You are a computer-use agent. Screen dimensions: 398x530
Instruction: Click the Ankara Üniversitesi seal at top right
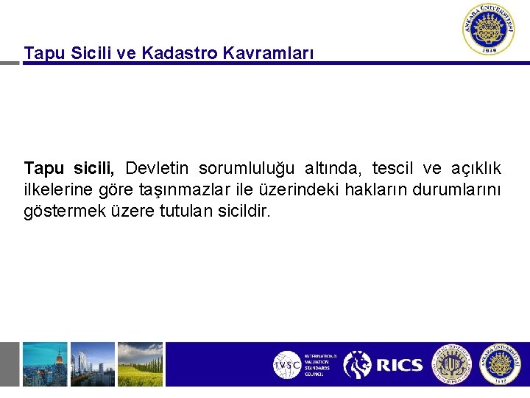[x=488, y=30]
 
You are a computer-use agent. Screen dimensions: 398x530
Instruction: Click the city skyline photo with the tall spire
[x=44, y=364]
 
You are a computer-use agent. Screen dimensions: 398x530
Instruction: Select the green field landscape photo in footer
[x=140, y=364]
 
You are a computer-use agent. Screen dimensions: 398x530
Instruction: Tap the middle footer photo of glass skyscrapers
[x=93, y=364]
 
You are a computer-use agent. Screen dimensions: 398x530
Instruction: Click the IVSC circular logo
[x=287, y=365]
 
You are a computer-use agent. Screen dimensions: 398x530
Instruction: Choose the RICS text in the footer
[x=399, y=365]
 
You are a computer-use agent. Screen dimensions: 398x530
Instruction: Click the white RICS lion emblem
[x=358, y=365]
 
